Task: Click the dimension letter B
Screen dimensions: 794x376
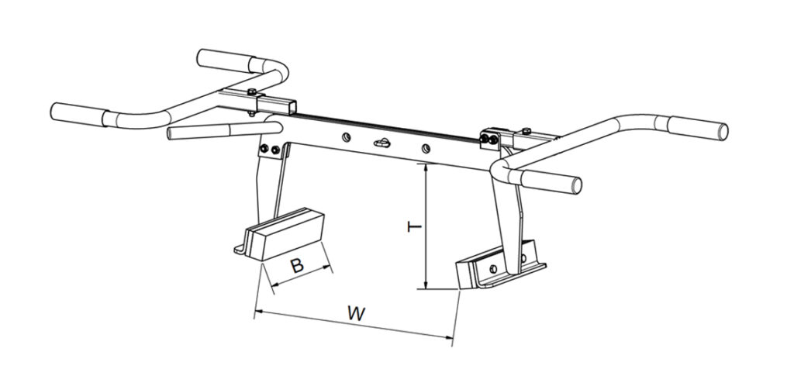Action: click(x=297, y=265)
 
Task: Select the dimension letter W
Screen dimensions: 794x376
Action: click(x=357, y=313)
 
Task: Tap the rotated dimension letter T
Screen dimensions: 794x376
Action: click(x=414, y=226)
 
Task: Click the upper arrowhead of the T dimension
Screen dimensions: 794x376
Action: click(x=426, y=168)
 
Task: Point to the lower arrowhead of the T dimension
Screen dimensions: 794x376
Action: click(x=426, y=285)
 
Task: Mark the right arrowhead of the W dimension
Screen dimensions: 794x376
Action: click(x=447, y=337)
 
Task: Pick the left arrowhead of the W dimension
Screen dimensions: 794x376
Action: click(x=259, y=312)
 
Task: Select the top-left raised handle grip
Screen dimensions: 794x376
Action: click(x=226, y=60)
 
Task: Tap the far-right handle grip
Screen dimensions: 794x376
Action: click(x=698, y=128)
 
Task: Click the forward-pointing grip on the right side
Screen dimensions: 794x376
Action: click(x=551, y=181)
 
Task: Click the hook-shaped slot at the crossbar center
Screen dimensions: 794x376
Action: click(x=382, y=143)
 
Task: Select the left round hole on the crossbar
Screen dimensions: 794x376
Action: click(x=345, y=137)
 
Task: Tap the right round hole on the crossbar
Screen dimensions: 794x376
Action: click(x=426, y=148)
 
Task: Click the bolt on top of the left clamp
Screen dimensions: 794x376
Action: click(x=251, y=91)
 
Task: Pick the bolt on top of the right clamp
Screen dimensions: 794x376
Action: click(x=526, y=131)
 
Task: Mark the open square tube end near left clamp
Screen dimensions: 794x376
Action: click(x=292, y=107)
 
